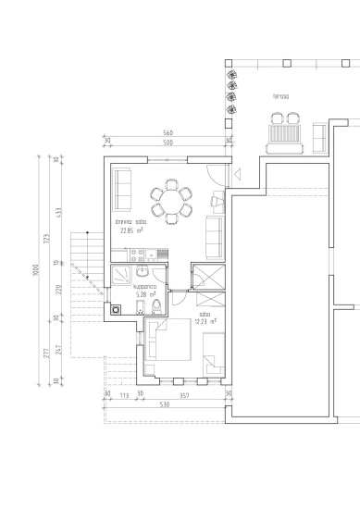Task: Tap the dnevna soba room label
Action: (130, 223)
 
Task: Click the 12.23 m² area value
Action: (205, 322)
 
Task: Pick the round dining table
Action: (172, 201)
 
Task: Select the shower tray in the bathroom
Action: (122, 275)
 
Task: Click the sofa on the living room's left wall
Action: (122, 189)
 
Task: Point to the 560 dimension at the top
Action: (168, 134)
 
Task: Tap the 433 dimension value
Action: (58, 212)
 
